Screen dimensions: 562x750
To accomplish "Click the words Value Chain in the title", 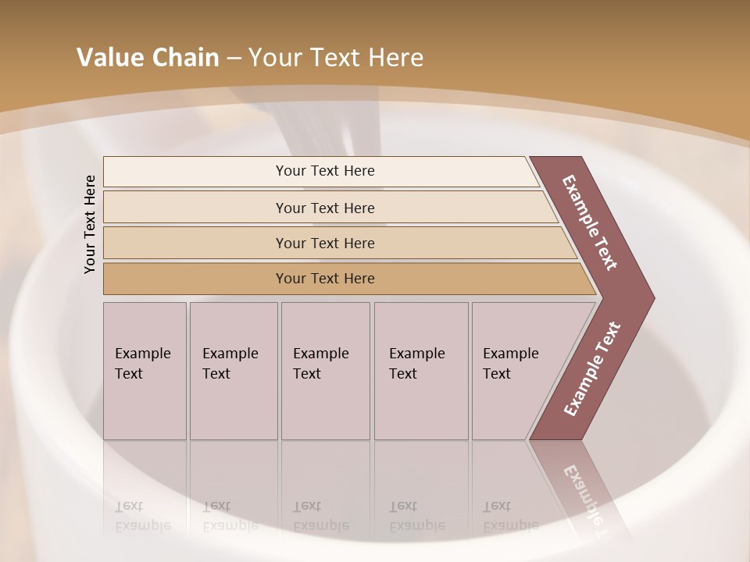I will (148, 58).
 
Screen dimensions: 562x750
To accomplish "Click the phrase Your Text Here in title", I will (336, 58).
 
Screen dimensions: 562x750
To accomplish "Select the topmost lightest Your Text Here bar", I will (320, 171).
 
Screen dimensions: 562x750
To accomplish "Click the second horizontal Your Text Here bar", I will (325, 208).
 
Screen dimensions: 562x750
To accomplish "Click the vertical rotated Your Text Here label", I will (90, 224).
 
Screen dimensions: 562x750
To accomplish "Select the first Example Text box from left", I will (145, 370).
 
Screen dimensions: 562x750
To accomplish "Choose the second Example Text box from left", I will (233, 370).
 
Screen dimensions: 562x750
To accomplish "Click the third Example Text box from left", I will (324, 370).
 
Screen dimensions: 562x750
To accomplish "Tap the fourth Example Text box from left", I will (420, 370).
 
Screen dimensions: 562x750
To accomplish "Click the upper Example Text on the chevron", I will (591, 222).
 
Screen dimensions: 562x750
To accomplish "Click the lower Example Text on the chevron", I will (592, 369).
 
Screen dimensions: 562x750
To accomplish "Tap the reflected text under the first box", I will (143, 516).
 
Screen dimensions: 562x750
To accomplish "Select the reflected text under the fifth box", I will (511, 516).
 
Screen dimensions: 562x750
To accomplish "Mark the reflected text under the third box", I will (321, 516).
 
